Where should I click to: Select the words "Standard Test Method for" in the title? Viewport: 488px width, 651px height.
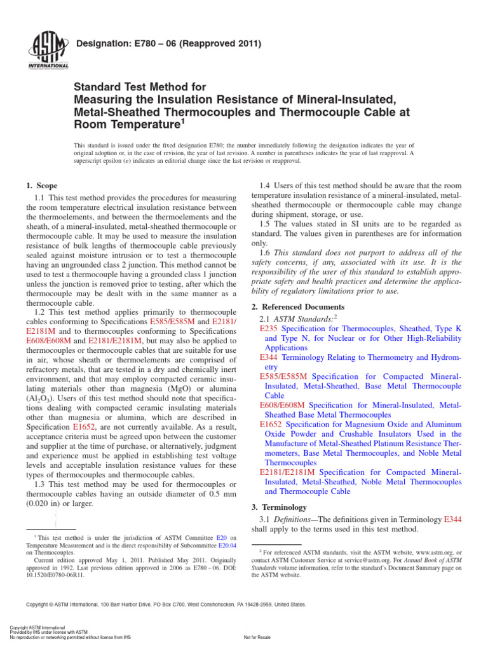(x=140, y=86)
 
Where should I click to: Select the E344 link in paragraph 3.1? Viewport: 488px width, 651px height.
(x=452, y=519)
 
